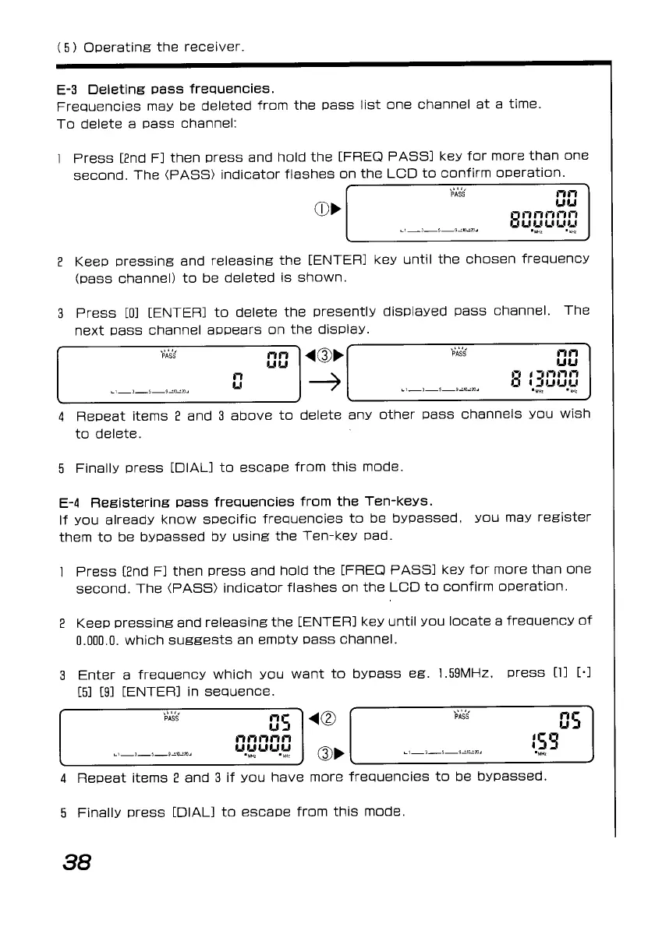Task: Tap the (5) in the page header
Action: pos(65,48)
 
